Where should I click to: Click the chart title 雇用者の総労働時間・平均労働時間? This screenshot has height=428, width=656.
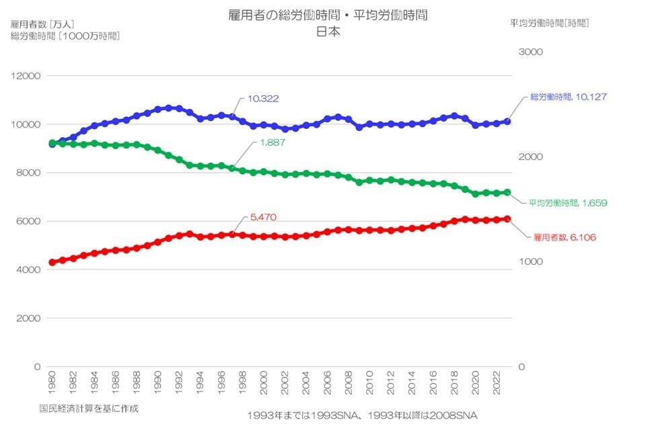point(328,15)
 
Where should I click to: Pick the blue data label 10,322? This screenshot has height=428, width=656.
point(263,98)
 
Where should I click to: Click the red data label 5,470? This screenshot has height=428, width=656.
point(263,217)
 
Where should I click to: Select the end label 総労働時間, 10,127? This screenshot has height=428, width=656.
point(568,97)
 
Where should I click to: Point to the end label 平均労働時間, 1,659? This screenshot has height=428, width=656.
point(568,202)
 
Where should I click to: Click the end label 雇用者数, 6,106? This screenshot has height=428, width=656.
point(564,237)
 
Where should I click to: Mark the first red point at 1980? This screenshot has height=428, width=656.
point(52,262)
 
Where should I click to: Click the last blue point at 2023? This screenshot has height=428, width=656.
point(508,122)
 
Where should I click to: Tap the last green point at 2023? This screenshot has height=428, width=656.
point(508,192)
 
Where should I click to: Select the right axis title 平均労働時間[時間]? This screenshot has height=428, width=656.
point(549,23)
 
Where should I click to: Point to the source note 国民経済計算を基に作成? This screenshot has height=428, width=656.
point(89,408)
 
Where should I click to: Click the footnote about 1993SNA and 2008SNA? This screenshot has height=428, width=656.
point(361,415)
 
